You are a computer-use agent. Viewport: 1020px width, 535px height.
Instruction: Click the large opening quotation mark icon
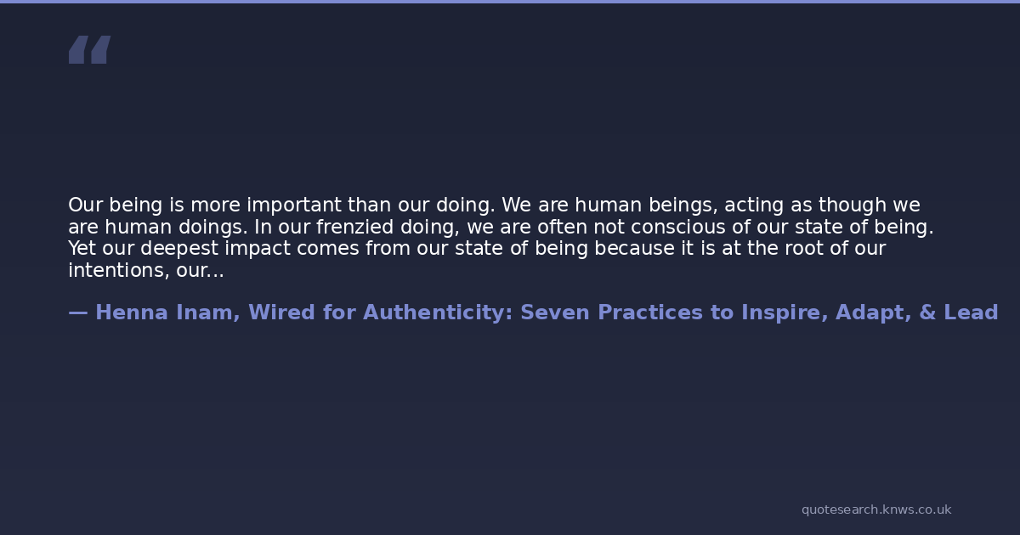[x=90, y=49]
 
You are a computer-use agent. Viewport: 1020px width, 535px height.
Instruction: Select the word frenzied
[x=354, y=227]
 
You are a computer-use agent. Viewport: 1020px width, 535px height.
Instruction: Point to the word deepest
[x=179, y=249]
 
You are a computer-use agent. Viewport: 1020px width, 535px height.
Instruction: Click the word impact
[x=258, y=249]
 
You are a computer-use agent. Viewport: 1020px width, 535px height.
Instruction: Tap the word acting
[x=754, y=206]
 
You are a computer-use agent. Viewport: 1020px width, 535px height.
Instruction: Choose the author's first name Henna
[x=132, y=313]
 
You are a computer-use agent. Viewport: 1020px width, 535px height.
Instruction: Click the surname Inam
[x=207, y=313]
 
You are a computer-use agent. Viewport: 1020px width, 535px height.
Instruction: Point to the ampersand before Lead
[x=927, y=313]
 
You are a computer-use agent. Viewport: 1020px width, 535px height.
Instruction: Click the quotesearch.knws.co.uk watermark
[x=876, y=510]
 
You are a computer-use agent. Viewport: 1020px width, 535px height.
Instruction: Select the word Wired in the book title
[x=282, y=313]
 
